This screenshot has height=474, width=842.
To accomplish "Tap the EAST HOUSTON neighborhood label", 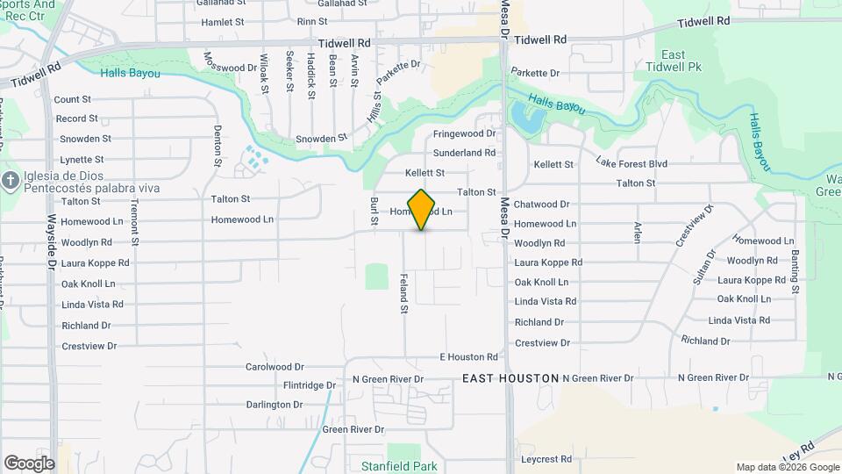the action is click(510, 378).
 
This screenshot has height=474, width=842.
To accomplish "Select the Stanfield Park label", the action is click(399, 466).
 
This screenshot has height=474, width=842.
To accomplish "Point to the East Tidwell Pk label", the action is click(673, 61).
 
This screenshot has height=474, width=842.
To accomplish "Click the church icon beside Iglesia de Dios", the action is click(11, 181).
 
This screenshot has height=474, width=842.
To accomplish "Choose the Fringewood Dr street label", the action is click(465, 134).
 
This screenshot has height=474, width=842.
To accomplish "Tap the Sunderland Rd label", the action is click(465, 153).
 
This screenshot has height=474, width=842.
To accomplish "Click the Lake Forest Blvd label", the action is click(631, 163).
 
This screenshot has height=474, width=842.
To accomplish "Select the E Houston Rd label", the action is click(468, 357).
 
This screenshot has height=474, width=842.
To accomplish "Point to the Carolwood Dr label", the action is click(275, 367).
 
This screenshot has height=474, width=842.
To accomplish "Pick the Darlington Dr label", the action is click(275, 405).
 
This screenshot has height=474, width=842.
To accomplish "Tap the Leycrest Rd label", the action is click(546, 459).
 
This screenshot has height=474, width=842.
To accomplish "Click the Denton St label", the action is click(218, 146).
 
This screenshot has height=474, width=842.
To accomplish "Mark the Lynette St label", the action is click(82, 160).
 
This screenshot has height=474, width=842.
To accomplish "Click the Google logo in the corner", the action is click(29, 463).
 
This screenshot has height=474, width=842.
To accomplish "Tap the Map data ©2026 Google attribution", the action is click(787, 468).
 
